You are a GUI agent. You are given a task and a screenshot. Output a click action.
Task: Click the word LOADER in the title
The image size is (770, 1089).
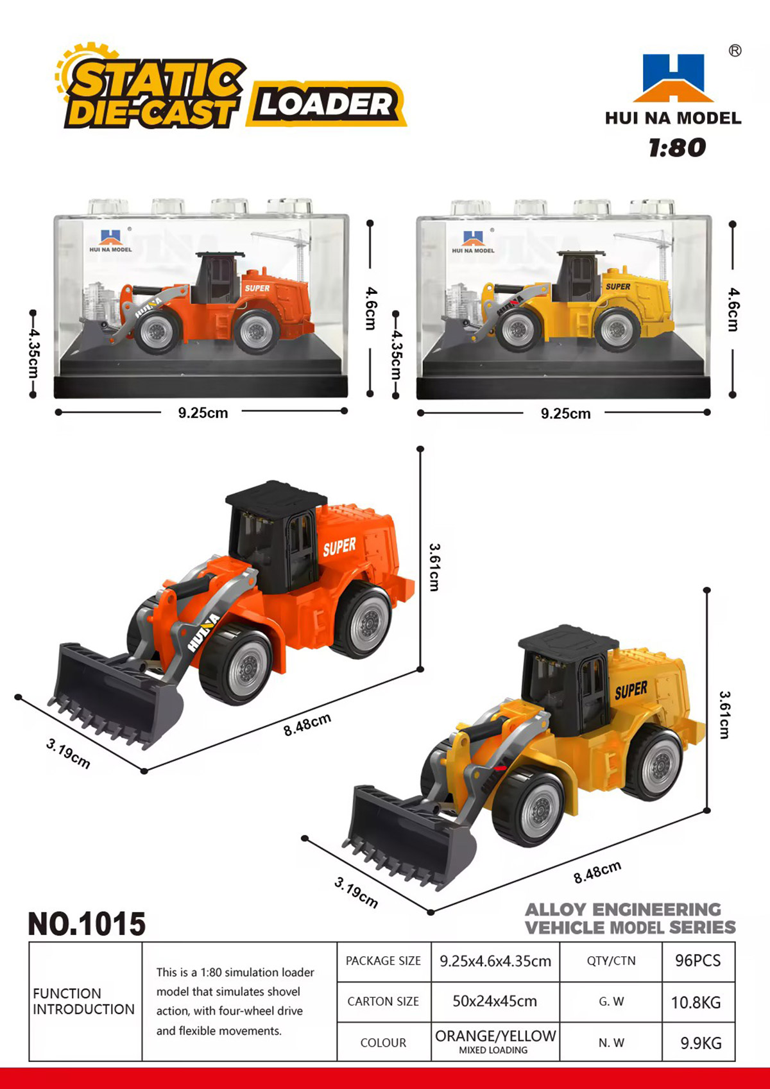(325, 104)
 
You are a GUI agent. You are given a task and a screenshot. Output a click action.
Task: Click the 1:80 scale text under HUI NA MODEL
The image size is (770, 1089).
(677, 148)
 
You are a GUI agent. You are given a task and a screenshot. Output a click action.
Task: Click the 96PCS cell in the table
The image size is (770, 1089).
(698, 961)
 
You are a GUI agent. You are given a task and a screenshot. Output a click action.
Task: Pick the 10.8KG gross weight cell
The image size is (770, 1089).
(698, 1002)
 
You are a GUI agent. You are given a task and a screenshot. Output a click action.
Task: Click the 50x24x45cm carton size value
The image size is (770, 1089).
(495, 1002)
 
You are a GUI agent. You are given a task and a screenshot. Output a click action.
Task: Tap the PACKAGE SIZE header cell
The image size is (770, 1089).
(384, 961)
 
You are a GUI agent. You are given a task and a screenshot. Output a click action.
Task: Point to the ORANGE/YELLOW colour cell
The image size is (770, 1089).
(495, 1042)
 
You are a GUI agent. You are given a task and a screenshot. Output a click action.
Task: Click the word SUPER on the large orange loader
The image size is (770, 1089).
(339, 547)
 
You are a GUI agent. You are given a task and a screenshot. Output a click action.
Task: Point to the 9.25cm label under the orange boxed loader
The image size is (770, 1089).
(203, 413)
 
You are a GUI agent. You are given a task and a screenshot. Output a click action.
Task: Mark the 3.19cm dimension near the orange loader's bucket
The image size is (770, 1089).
(68, 754)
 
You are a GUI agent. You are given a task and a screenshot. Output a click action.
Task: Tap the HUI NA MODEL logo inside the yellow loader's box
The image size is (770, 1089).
(473, 242)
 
